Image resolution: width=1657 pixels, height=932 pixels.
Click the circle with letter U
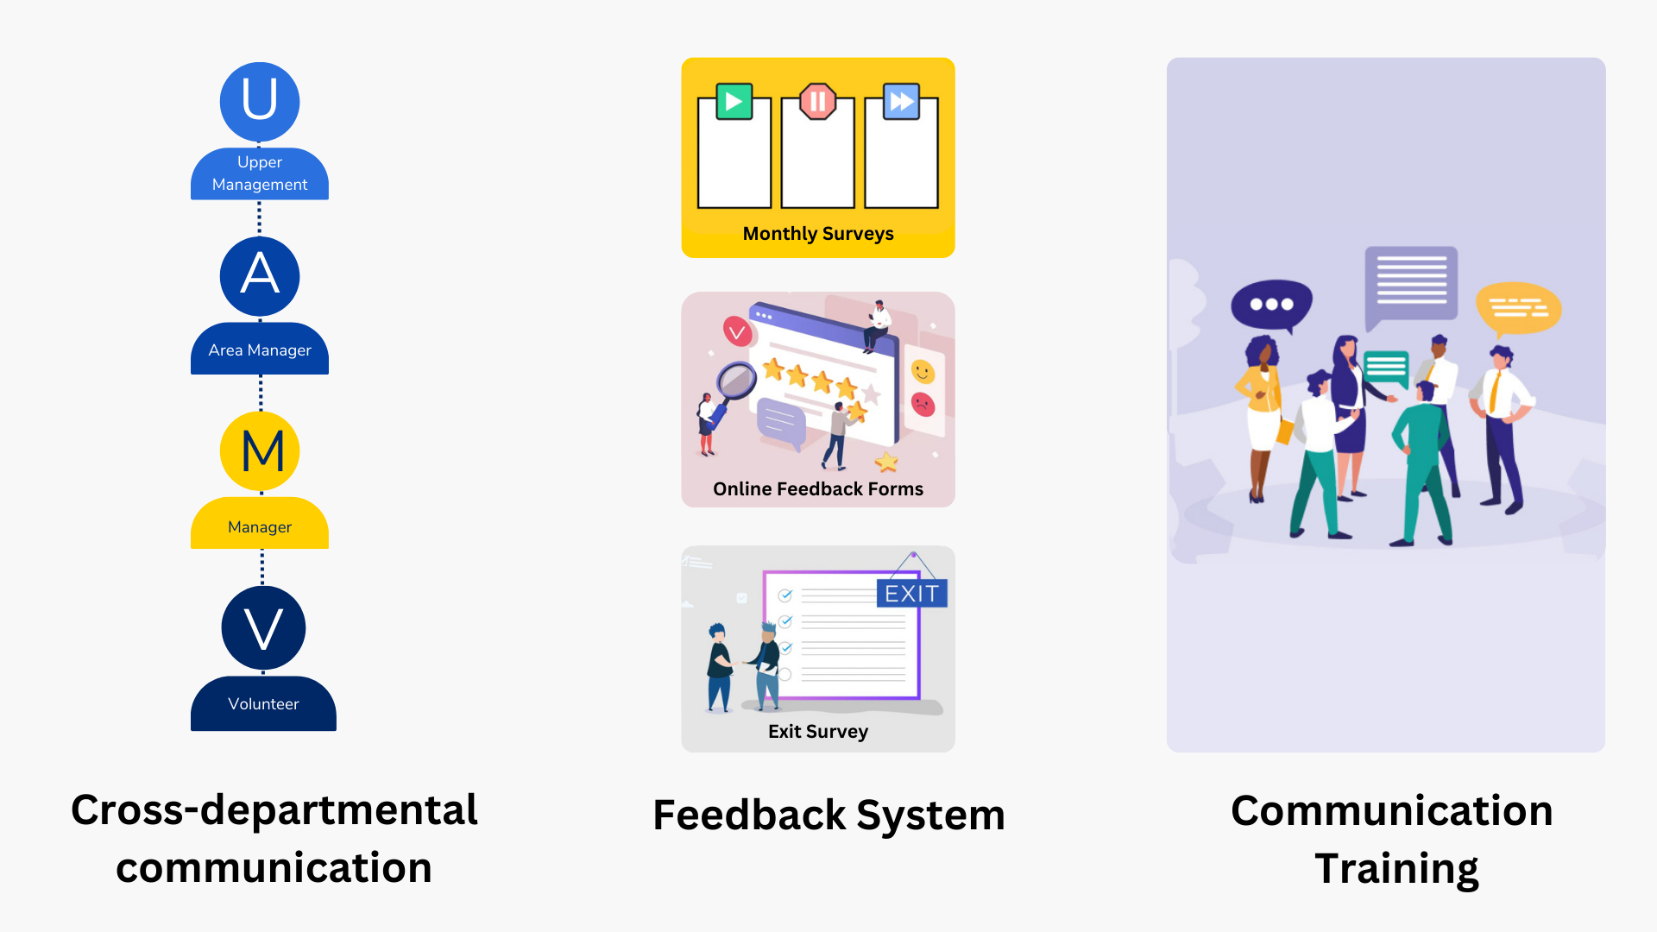(x=260, y=101)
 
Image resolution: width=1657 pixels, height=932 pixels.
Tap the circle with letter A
(x=260, y=276)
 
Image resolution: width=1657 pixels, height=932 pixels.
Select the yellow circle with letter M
(x=260, y=450)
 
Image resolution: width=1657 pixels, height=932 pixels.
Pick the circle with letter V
(x=263, y=627)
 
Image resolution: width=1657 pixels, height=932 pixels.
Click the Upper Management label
(x=260, y=173)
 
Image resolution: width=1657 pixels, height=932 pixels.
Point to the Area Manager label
(x=260, y=350)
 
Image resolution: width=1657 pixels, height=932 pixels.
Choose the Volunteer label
(x=263, y=704)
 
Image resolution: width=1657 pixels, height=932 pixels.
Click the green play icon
(x=734, y=102)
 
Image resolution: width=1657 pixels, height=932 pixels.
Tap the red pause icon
(x=817, y=102)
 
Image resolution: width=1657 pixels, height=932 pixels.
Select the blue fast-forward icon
(x=902, y=102)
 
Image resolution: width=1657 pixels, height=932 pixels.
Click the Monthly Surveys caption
(x=818, y=234)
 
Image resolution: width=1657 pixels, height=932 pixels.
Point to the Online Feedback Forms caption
(x=818, y=489)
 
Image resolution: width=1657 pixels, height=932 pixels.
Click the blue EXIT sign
(x=911, y=594)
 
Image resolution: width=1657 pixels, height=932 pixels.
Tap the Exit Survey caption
(x=818, y=732)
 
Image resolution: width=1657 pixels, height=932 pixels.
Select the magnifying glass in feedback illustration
(x=736, y=381)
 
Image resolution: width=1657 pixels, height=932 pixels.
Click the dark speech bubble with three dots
(x=1271, y=305)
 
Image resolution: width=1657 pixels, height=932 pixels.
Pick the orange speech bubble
(x=1518, y=308)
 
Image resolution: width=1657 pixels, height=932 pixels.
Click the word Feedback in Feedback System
(x=749, y=815)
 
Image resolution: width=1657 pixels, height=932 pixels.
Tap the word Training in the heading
(x=1396, y=868)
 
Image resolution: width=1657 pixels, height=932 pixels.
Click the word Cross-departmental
(x=274, y=810)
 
